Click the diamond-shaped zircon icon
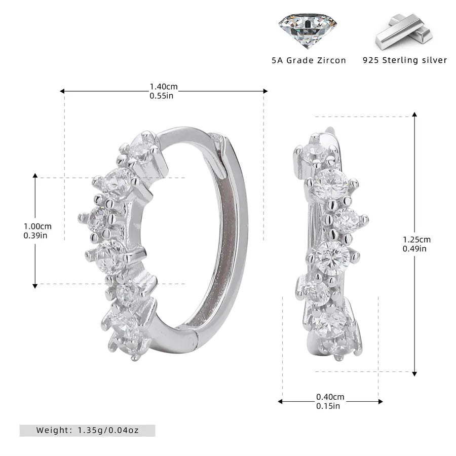[308, 31]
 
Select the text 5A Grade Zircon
[309, 60]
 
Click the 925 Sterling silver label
[404, 60]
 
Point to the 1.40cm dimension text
[164, 87]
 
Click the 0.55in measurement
[162, 96]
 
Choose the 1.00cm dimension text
[37, 226]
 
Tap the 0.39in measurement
[35, 235]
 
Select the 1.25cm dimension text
[417, 240]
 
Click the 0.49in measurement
[414, 249]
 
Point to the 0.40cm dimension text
[330, 397]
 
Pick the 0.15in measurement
[328, 406]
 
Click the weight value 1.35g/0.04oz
[108, 430]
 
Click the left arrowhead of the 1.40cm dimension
[62, 91]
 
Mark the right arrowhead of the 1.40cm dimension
[265, 91]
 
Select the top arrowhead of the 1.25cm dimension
[414, 115]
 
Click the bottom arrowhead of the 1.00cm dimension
[35, 286]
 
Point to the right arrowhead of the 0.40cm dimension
[381, 402]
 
